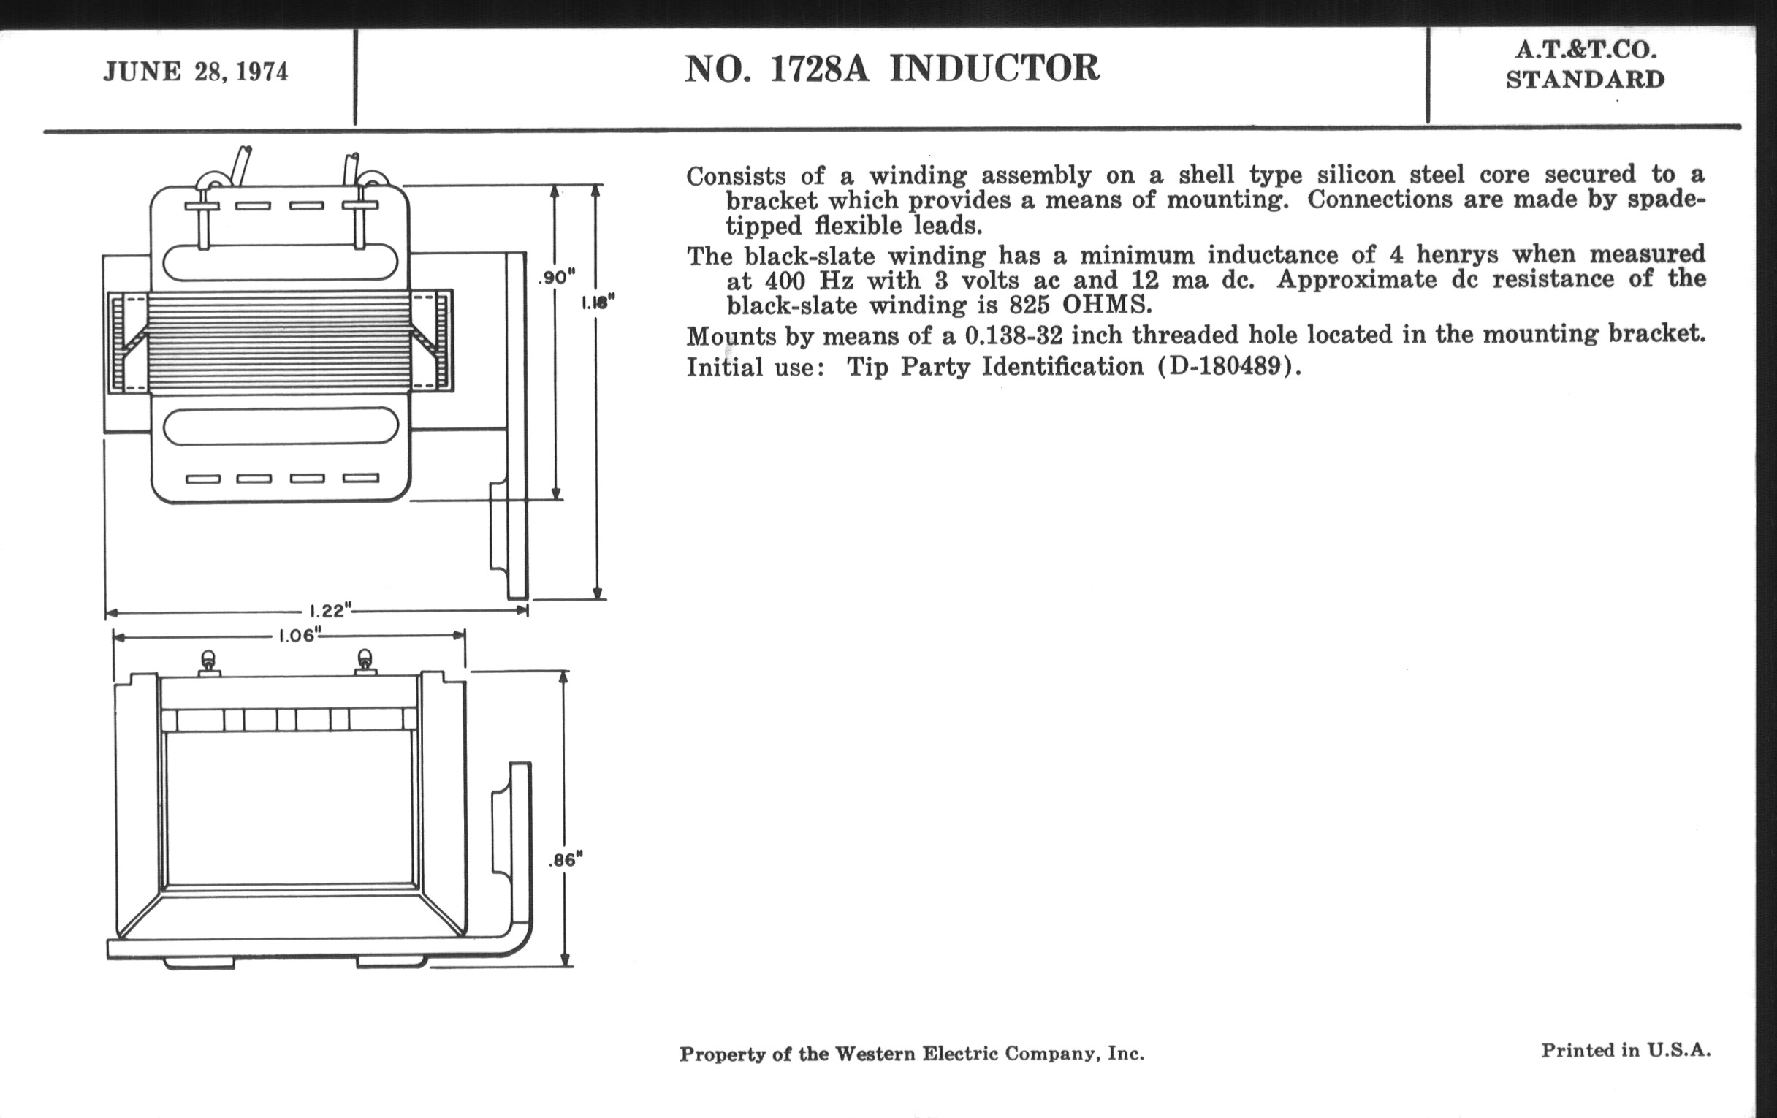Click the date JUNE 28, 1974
(196, 72)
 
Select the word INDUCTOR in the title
(994, 69)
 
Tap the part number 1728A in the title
(819, 69)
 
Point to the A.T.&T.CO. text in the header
(1585, 50)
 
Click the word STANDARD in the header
(1585, 80)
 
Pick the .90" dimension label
(557, 278)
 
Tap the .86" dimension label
(566, 861)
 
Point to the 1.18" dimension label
(598, 303)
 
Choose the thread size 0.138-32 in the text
(1013, 337)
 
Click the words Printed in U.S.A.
(1625, 1050)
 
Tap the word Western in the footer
(874, 1054)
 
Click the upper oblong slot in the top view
(281, 262)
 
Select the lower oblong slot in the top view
(281, 427)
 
